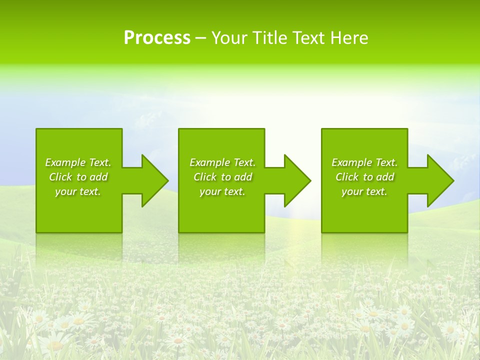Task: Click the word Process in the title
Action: [157, 38]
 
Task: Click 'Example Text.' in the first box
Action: [78, 162]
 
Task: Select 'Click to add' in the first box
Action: [78, 177]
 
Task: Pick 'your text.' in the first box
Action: [78, 191]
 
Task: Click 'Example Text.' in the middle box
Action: [222, 162]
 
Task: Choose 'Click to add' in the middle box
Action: [222, 177]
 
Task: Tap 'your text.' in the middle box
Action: [222, 191]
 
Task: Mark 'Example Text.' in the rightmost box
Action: [364, 162]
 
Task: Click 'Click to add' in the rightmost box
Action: [364, 177]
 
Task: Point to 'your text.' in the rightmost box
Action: [364, 191]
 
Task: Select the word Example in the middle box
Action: [210, 162]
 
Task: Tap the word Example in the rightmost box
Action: [352, 162]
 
